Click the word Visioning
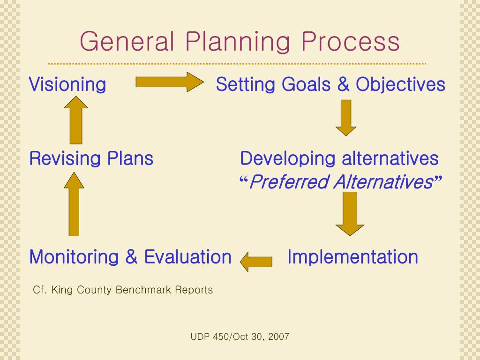pyautogui.click(x=67, y=85)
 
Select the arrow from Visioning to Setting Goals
pyautogui.click(x=169, y=82)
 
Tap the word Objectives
pyautogui.click(x=400, y=85)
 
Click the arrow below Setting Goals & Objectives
pyautogui.click(x=346, y=118)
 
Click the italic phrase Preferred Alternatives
pyautogui.click(x=341, y=182)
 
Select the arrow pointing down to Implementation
pyautogui.click(x=350, y=213)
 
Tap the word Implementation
pyautogui.click(x=352, y=257)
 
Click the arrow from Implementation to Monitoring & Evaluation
pyautogui.click(x=256, y=261)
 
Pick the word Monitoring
pyautogui.click(x=75, y=257)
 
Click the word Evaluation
pyautogui.click(x=187, y=257)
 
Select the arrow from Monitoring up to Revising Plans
pyautogui.click(x=74, y=203)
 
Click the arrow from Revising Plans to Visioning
pyautogui.click(x=76, y=120)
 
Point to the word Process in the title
pyautogui.click(x=351, y=42)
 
